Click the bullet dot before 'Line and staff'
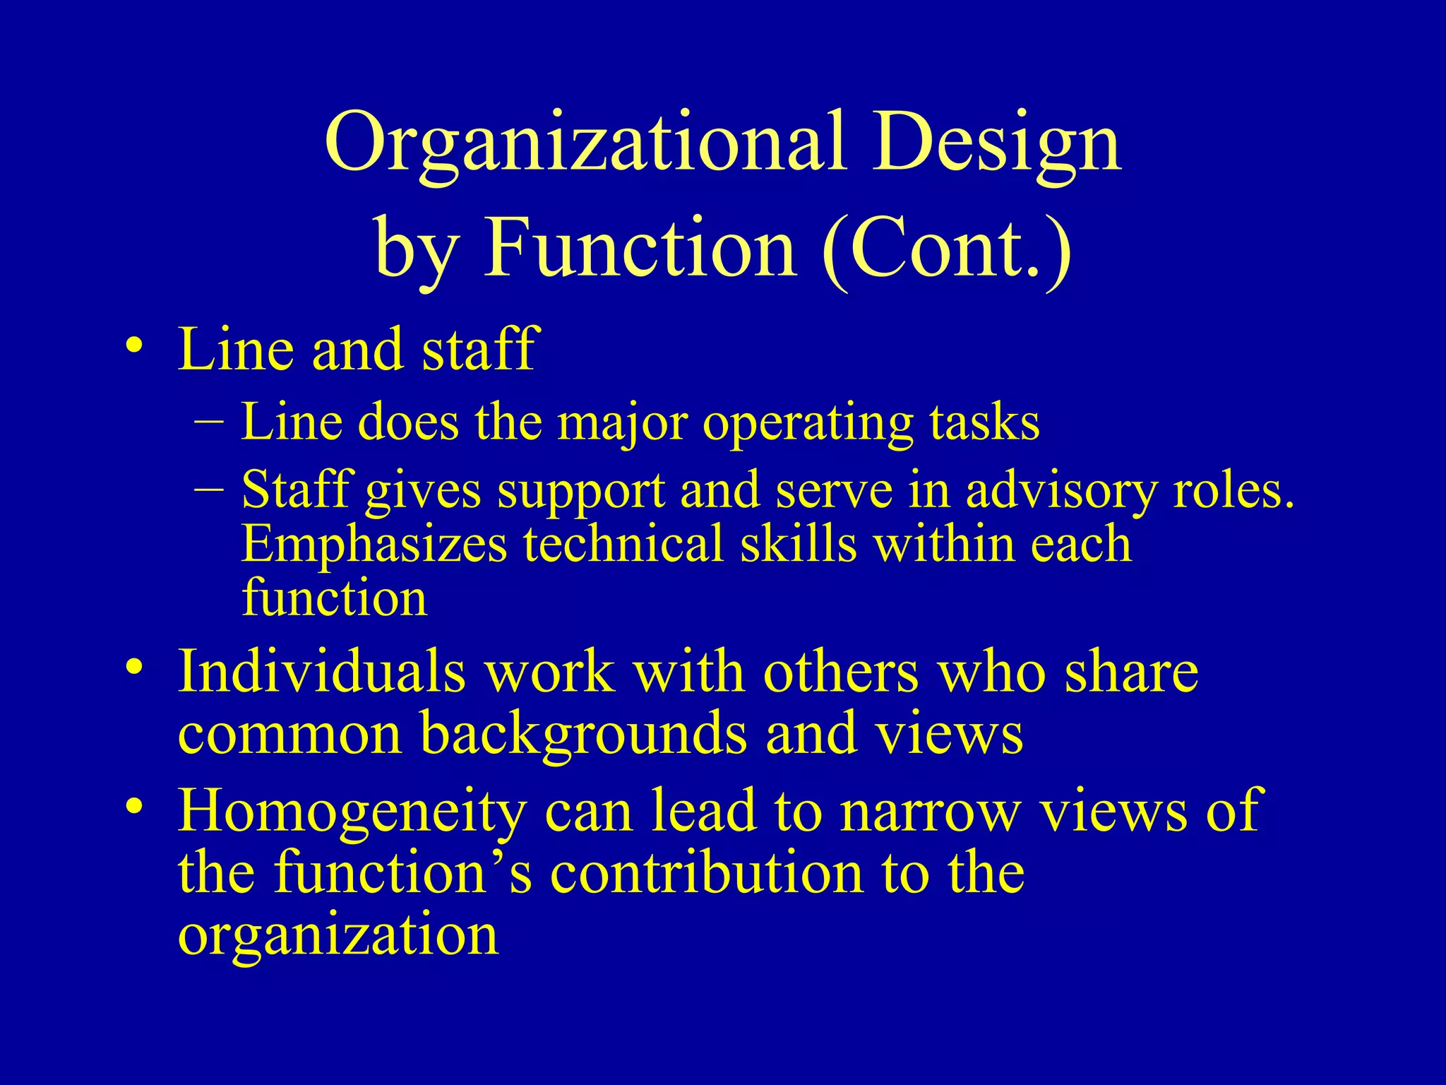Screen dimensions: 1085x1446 pyautogui.click(x=134, y=346)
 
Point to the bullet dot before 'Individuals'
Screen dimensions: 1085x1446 pyautogui.click(x=134, y=668)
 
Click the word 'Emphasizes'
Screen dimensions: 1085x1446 pyautogui.click(x=374, y=545)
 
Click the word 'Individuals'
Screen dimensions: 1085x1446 pyautogui.click(x=321, y=670)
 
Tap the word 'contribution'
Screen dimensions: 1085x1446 pyautogui.click(x=707, y=872)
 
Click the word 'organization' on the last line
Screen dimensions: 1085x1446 pyautogui.click(x=338, y=936)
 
